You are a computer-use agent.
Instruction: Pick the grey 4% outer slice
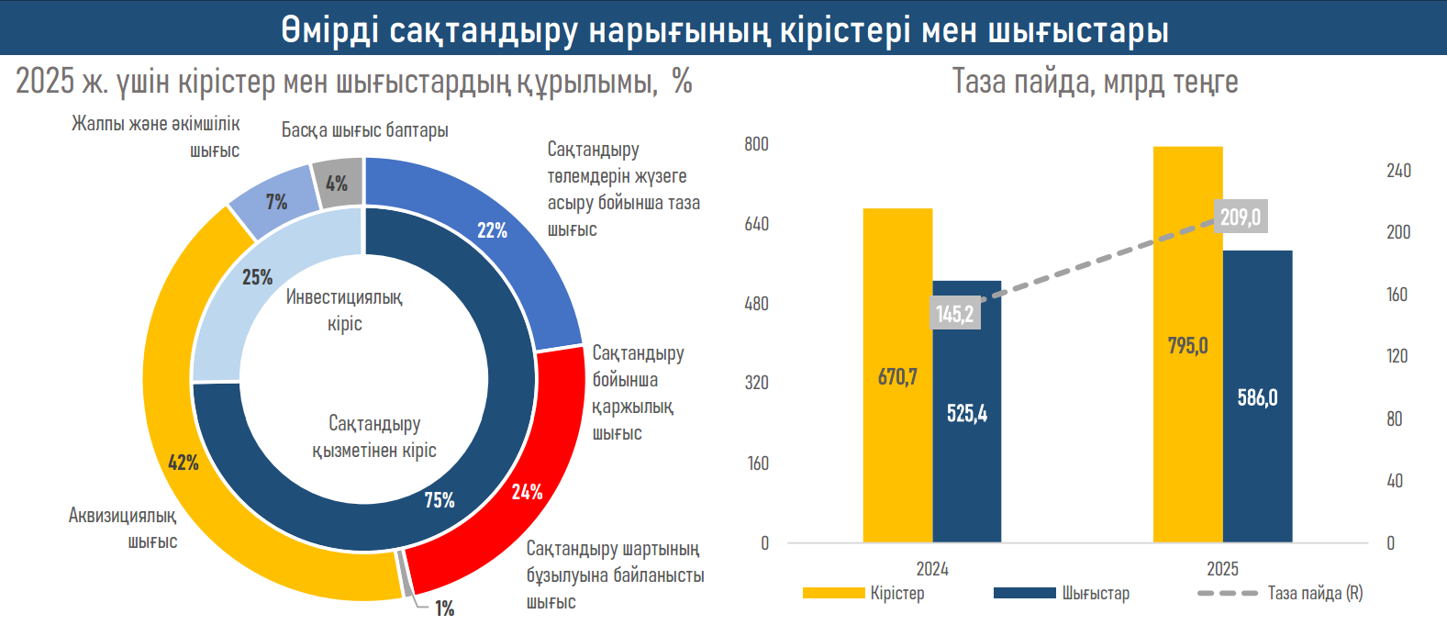[x=337, y=183]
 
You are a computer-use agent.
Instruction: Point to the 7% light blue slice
[x=276, y=202]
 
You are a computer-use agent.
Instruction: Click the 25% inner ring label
[x=257, y=276]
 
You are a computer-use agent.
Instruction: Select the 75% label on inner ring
[x=440, y=499]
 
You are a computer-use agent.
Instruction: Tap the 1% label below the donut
[x=444, y=608]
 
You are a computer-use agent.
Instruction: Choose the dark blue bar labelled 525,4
[x=967, y=441]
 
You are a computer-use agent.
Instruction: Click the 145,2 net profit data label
[x=954, y=314]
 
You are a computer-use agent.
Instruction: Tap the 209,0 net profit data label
[x=1240, y=217]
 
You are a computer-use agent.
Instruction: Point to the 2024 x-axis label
[x=932, y=569]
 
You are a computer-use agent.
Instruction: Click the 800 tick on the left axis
[x=756, y=144]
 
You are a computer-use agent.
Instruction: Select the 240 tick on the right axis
[x=1398, y=171]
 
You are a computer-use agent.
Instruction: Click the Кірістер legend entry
[x=896, y=593]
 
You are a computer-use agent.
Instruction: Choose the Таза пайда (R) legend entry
[x=1314, y=593]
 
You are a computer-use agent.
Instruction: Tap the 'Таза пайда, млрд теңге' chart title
[x=1095, y=82]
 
